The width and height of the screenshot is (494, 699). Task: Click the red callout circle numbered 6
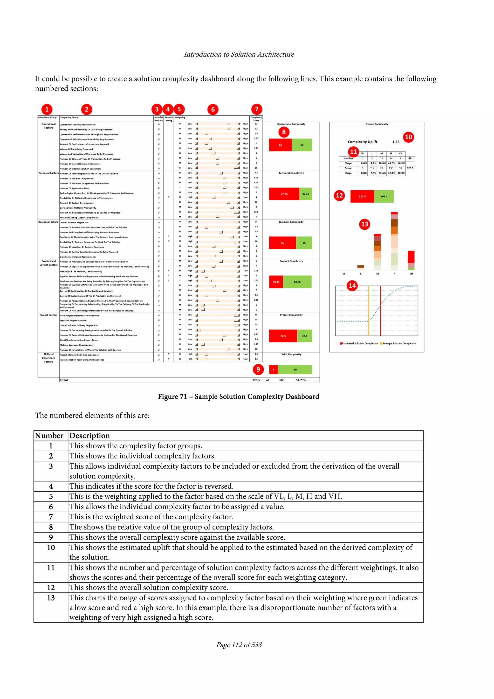tap(213, 109)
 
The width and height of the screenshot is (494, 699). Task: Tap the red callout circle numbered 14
tap(352, 285)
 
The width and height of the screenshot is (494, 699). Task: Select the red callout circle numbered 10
tap(408, 137)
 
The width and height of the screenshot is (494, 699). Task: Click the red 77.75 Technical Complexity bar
tap(284, 194)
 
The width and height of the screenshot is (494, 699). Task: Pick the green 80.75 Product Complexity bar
tap(297, 282)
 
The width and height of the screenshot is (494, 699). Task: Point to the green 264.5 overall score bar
tap(384, 196)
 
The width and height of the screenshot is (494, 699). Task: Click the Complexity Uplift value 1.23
tap(396, 142)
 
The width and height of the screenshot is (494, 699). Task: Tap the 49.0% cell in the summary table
tap(391, 164)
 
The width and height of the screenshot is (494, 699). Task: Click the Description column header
tap(89, 436)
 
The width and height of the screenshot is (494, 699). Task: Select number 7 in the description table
tap(51, 517)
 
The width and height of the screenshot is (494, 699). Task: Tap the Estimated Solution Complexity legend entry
tap(359, 343)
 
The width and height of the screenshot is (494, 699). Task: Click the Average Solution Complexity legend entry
tap(398, 343)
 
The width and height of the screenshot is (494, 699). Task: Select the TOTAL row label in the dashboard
tap(64, 380)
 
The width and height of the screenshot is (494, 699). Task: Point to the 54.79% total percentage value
tap(301, 380)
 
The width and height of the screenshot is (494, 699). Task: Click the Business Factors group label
tap(48, 222)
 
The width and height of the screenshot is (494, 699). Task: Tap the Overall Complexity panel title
tap(377, 124)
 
